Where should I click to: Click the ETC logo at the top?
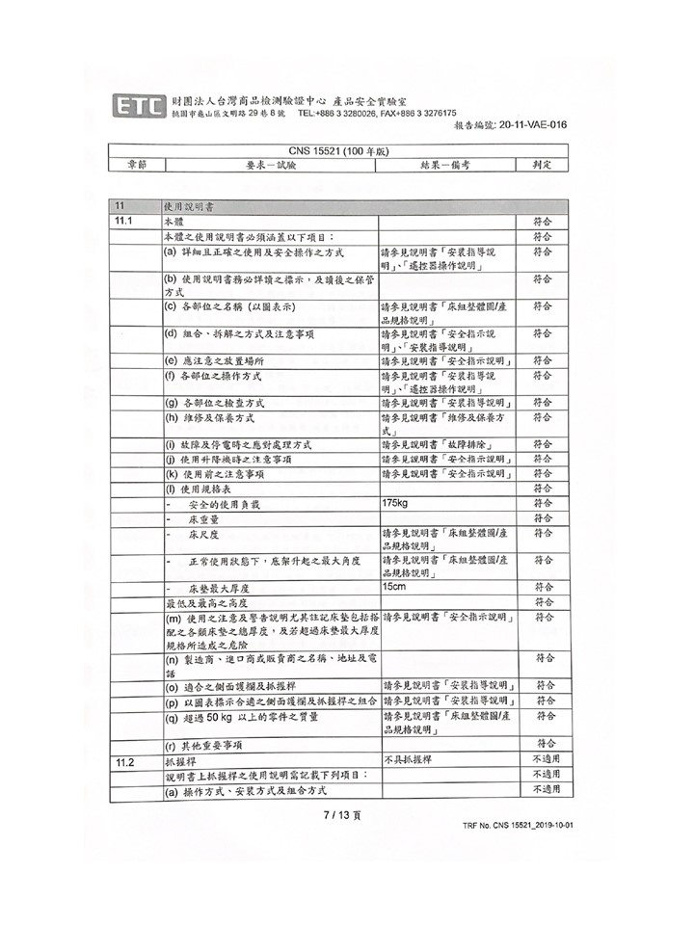pyautogui.click(x=139, y=106)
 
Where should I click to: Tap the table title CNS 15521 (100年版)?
pyautogui.click(x=338, y=151)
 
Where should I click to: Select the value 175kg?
pyautogui.click(x=395, y=504)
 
